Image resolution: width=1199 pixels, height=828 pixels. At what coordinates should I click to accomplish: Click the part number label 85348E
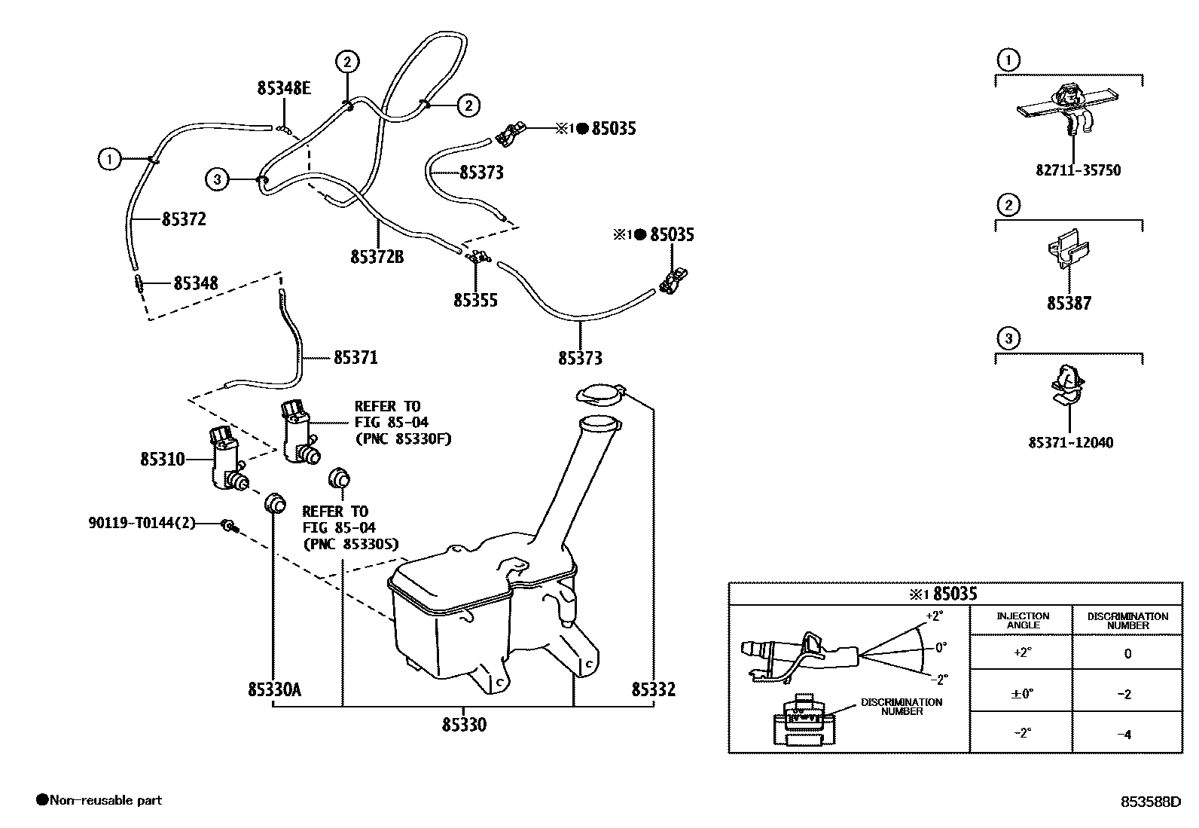pyautogui.click(x=284, y=88)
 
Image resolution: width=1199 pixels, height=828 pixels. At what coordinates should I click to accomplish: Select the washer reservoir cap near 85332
pyautogui.click(x=599, y=393)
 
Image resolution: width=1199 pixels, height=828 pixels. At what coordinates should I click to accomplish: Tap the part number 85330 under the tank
pyautogui.click(x=464, y=725)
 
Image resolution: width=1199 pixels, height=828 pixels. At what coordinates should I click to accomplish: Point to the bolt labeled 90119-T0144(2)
pyautogui.click(x=227, y=525)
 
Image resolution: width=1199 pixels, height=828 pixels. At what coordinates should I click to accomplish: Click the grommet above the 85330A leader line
pyautogui.click(x=276, y=502)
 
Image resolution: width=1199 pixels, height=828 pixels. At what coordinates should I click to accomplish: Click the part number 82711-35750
pyautogui.click(x=1078, y=170)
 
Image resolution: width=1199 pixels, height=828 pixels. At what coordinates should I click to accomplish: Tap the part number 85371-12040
pyautogui.click(x=1070, y=442)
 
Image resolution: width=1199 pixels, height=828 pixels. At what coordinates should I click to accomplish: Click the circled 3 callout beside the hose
pyautogui.click(x=217, y=179)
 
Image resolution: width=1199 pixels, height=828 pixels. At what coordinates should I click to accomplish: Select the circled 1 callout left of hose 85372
pyautogui.click(x=109, y=159)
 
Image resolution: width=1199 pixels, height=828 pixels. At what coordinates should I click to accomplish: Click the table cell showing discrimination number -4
pyautogui.click(x=1127, y=734)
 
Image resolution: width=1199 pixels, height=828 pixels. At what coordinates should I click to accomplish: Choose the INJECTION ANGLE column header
pyautogui.click(x=1022, y=620)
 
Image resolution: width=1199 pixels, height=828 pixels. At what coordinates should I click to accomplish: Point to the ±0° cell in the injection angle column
pyautogui.click(x=1022, y=694)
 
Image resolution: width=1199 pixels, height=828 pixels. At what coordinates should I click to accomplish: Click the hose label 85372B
pyautogui.click(x=377, y=257)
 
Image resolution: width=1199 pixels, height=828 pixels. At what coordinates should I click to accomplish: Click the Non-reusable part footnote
pyautogui.click(x=99, y=800)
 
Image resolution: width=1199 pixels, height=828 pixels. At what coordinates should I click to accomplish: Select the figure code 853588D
pyautogui.click(x=1149, y=802)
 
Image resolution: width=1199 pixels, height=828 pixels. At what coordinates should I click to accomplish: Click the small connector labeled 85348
pyautogui.click(x=139, y=283)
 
